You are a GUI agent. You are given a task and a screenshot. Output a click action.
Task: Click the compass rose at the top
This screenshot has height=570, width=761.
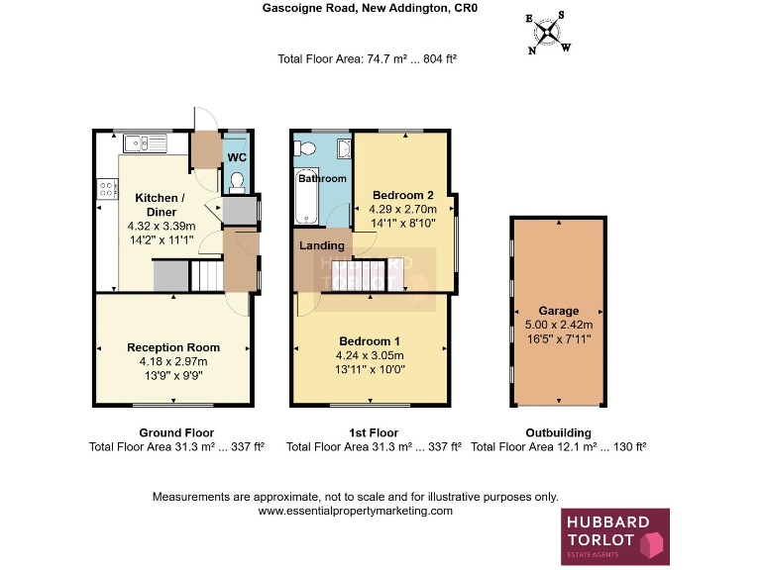[547, 31]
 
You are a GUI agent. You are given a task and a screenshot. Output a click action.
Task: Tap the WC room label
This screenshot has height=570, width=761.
[237, 157]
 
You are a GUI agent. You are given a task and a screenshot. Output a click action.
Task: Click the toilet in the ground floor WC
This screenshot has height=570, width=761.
[236, 181]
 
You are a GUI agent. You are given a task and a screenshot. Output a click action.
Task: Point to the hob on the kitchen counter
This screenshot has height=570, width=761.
[107, 187]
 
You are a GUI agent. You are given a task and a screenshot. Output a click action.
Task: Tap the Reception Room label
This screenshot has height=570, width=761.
[173, 347]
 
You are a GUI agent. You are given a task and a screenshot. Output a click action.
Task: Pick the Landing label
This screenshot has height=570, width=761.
[322, 245]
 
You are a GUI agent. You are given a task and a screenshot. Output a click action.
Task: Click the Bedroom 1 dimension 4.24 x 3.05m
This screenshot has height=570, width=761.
[370, 356]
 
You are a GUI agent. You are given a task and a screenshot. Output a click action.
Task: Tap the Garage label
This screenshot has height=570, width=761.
[558, 311]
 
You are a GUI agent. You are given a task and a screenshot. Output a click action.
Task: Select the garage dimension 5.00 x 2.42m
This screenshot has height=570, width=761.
[558, 325]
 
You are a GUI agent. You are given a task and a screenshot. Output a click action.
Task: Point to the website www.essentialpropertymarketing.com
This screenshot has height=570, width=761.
[355, 512]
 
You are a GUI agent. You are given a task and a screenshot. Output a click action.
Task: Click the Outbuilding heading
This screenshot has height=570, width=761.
[558, 432]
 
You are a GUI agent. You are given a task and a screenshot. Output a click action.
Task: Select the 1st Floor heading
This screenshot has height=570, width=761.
[374, 432]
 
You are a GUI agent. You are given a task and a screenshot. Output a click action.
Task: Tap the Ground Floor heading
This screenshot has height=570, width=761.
[176, 432]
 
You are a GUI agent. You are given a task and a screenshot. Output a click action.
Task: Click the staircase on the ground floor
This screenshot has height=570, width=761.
[206, 274]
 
